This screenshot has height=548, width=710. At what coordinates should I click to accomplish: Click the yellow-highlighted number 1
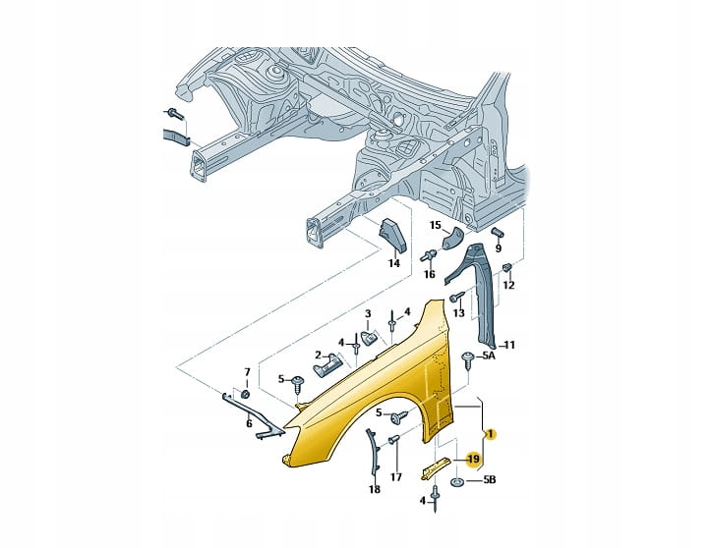pos(491,433)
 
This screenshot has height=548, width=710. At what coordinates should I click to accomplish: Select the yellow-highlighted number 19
pos(473,458)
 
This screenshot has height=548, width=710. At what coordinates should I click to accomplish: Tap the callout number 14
pos(394,262)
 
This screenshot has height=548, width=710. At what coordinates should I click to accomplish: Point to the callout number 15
pos(436,225)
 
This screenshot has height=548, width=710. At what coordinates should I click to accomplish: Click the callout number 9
pos(498,248)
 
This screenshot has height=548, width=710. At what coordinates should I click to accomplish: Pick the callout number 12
pos(508,285)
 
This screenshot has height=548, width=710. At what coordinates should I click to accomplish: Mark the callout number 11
pos(509,345)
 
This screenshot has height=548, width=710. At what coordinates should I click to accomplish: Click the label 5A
pos(489,356)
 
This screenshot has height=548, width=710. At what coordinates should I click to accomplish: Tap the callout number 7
pos(247,371)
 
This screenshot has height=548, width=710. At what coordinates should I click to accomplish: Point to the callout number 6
pos(249,423)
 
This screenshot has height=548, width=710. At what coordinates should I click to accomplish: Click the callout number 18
pos(374,488)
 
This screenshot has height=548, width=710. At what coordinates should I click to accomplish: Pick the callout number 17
pos(396,478)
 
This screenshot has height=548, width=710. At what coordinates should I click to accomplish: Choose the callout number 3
pos(368,314)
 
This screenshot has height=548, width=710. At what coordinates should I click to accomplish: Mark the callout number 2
pos(319,355)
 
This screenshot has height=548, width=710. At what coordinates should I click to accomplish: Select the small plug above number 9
pos(498,230)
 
